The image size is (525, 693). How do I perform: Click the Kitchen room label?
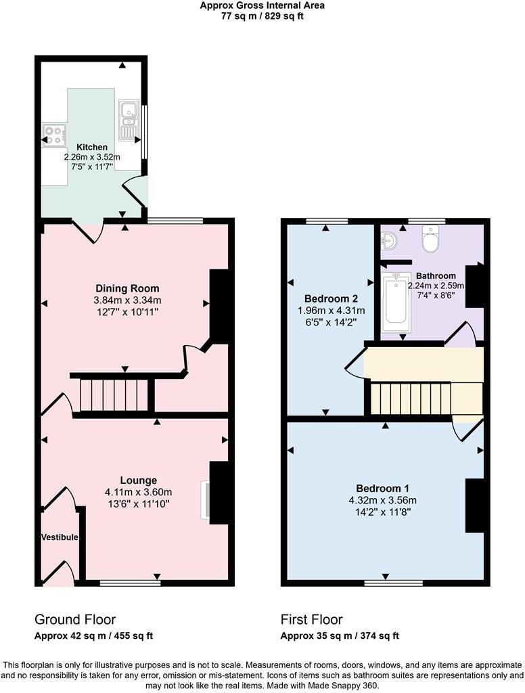pyautogui.click(x=92, y=147)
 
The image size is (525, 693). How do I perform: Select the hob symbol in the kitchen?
pyautogui.click(x=53, y=135)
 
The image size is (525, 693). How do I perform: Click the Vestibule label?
pyautogui.click(x=60, y=537)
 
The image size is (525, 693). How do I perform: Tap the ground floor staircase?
pyautogui.click(x=114, y=395)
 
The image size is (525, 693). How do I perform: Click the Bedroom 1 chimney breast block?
pyautogui.click(x=476, y=505)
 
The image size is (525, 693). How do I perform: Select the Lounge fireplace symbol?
pyautogui.click(x=204, y=500)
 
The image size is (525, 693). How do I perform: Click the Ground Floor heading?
pyautogui.click(x=75, y=619)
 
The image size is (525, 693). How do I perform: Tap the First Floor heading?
pyautogui.click(x=311, y=619)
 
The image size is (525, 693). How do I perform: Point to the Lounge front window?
pyautogui.click(x=130, y=582)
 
